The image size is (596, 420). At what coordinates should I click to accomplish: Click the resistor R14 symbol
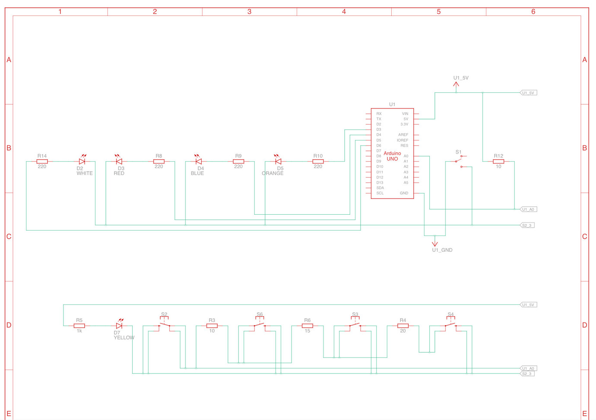click(42, 161)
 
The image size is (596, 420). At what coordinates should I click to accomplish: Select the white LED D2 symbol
click(82, 161)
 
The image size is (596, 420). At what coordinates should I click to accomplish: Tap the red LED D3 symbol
click(119, 161)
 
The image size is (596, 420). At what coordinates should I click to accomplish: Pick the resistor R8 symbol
click(159, 161)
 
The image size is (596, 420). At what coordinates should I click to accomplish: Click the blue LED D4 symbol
click(199, 161)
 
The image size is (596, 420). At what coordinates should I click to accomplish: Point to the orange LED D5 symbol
click(278, 161)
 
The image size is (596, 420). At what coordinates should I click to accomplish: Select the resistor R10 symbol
click(318, 161)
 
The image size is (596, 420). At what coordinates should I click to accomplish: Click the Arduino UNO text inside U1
click(392, 156)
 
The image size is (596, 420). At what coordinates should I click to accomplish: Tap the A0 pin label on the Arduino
click(406, 156)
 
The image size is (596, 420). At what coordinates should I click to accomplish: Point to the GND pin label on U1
click(404, 193)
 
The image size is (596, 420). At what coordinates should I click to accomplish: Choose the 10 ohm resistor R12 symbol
click(498, 161)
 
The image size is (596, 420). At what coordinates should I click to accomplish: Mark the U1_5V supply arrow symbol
click(456, 85)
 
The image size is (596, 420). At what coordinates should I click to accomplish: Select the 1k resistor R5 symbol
click(79, 326)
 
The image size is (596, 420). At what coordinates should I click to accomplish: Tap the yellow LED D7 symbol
click(119, 326)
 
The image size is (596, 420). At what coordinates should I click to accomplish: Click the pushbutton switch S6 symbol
click(260, 325)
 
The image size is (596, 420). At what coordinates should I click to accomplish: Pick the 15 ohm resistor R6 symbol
click(308, 326)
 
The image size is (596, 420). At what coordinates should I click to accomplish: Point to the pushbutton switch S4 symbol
click(450, 325)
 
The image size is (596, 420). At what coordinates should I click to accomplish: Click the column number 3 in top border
click(249, 12)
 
